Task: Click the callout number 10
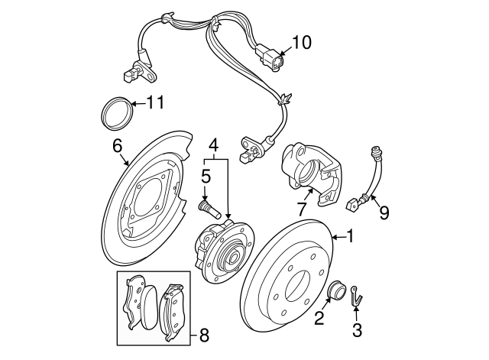click(302, 43)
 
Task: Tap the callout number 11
click(155, 102)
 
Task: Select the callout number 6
click(117, 146)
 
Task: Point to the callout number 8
click(203, 336)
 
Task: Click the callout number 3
click(357, 330)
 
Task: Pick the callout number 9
click(384, 213)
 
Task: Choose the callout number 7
click(301, 209)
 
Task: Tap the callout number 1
click(351, 236)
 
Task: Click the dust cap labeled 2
click(336, 289)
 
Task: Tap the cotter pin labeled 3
click(356, 296)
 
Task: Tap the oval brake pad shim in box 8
click(150, 307)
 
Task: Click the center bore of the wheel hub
click(233, 258)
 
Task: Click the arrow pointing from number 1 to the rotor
click(338, 238)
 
